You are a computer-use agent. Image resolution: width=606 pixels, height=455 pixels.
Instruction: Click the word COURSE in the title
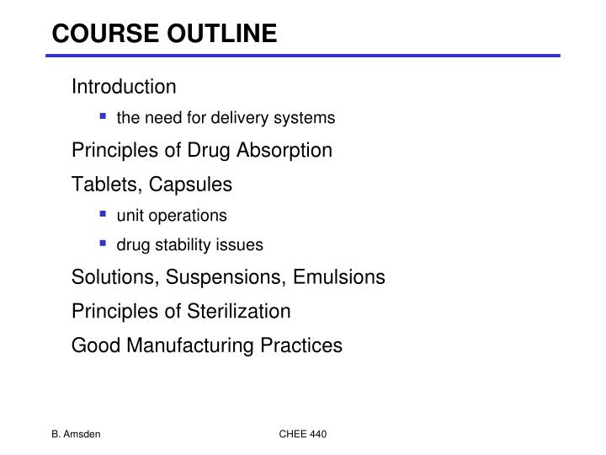tap(95, 33)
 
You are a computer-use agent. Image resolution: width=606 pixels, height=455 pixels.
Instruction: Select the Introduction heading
tap(124, 87)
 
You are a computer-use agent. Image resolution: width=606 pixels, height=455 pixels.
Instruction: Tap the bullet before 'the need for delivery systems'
tap(102, 117)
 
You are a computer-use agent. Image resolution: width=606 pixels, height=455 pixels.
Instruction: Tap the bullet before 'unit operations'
tap(102, 215)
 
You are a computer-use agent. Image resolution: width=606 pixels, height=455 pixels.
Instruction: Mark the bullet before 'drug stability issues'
tap(102, 244)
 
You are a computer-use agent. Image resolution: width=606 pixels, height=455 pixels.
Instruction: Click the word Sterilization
tap(240, 311)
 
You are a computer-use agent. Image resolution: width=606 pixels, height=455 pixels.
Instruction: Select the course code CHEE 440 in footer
tap(303, 434)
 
